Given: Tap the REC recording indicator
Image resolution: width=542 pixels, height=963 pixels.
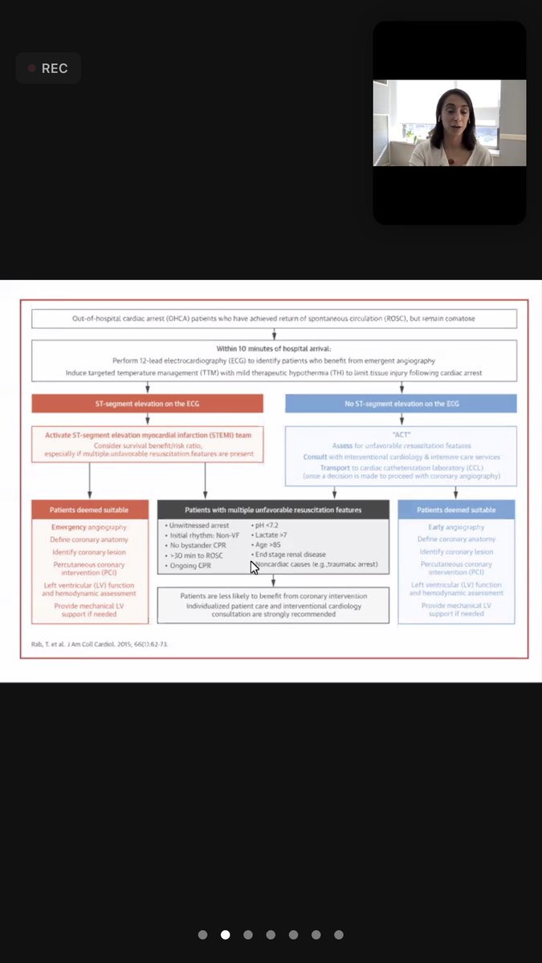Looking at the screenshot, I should point(48,68).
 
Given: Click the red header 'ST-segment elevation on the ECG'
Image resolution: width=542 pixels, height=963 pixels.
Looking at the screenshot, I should point(147,403).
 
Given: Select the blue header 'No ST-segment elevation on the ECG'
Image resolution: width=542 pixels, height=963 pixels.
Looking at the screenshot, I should point(401,403).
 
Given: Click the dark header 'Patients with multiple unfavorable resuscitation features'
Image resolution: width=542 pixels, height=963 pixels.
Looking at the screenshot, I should point(273,510).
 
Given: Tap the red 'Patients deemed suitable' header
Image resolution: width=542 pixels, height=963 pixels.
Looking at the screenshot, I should point(89,510).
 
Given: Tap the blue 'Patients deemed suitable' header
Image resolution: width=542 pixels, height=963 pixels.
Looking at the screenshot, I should point(456,510).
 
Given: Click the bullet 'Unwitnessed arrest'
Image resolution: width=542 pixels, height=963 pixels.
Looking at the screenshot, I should point(196,526).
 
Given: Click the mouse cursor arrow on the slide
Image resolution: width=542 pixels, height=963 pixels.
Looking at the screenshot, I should point(254,567).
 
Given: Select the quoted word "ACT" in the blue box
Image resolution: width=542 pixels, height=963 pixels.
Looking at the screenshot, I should point(401,435).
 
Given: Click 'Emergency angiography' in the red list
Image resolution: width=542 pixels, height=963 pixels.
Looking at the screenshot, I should point(89,527).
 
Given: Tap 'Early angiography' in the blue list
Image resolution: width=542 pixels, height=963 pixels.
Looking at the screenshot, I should point(456,527).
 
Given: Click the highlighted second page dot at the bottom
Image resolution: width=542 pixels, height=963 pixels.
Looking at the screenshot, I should point(226,935).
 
